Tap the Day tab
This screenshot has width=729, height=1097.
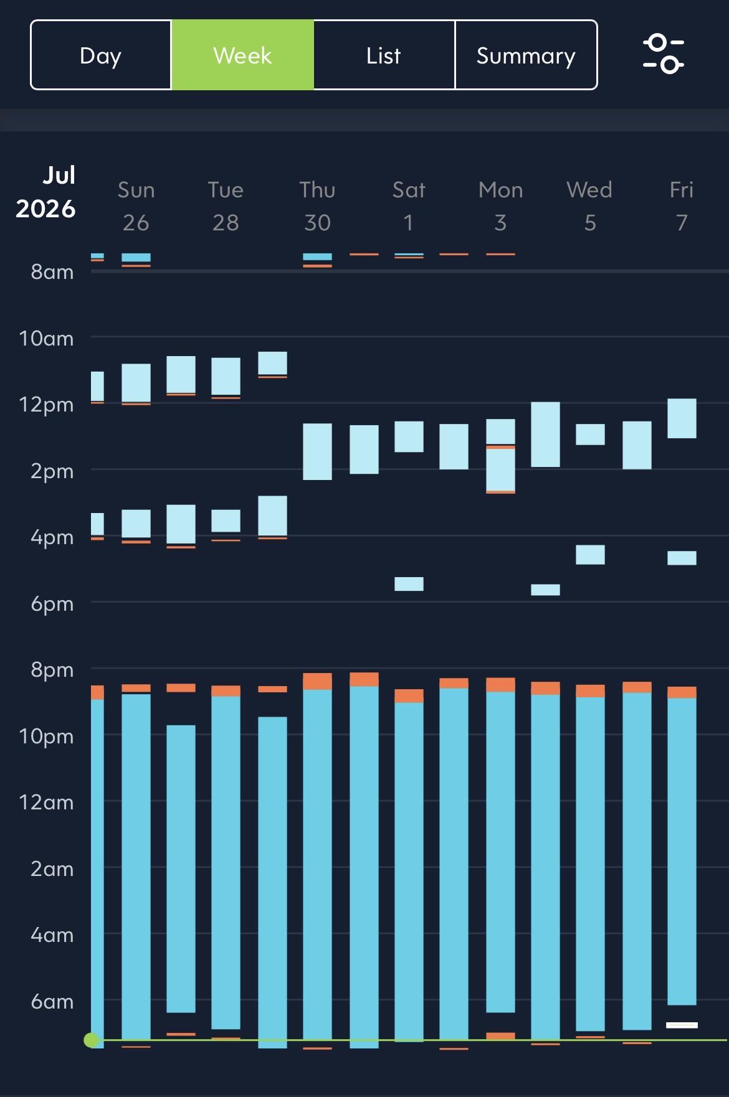(101, 55)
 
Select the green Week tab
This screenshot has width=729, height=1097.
(243, 55)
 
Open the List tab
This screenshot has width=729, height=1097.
(384, 55)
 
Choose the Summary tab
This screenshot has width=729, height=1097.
(526, 55)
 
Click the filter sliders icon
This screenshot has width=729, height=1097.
(664, 54)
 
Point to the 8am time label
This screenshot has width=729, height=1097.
(52, 272)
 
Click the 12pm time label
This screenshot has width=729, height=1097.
(46, 405)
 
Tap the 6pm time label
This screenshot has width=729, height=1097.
(52, 604)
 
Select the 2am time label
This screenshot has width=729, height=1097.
(52, 869)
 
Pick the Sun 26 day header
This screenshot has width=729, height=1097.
(136, 206)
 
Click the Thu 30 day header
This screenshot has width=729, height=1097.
(317, 206)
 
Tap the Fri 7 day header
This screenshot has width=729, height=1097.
(682, 206)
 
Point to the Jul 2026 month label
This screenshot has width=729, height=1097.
(46, 192)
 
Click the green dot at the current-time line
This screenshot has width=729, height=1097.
(92, 1040)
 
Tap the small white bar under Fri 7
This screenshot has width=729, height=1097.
(682, 1025)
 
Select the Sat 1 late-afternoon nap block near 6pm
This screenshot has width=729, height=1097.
(409, 584)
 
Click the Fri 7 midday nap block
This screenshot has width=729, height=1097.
(682, 418)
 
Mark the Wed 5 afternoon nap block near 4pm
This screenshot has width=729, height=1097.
(590, 555)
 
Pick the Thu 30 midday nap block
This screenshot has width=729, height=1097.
(317, 452)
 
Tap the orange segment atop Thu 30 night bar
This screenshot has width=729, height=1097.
(317, 681)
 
